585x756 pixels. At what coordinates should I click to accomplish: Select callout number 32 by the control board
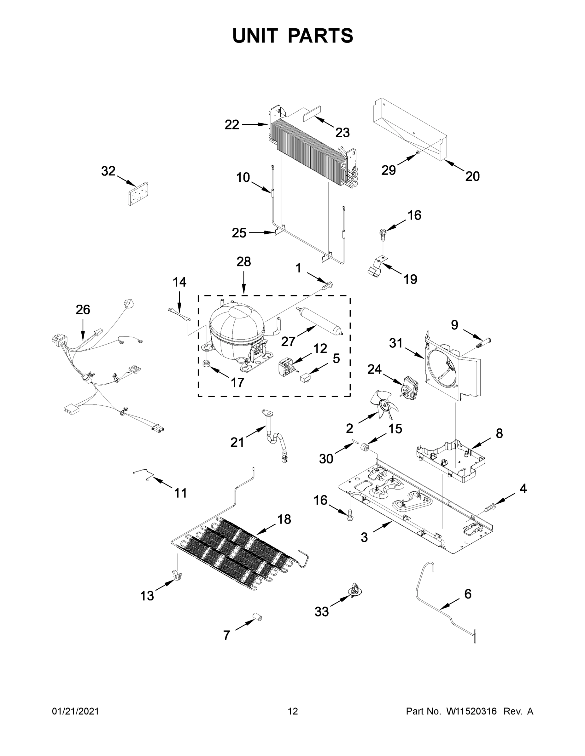pyautogui.click(x=108, y=171)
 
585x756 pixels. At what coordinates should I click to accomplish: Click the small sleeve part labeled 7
pyautogui.click(x=258, y=617)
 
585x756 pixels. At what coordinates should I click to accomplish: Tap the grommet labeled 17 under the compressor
pyautogui.click(x=207, y=364)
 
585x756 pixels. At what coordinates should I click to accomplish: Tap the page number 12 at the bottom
pyautogui.click(x=293, y=711)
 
